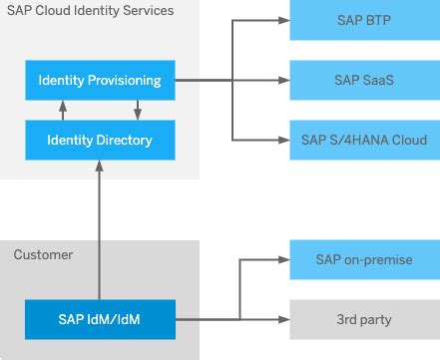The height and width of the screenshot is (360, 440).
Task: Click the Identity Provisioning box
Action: pyautogui.click(x=100, y=79)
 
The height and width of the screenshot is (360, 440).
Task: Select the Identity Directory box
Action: pyautogui.click(x=100, y=140)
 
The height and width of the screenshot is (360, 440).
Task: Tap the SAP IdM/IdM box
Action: pyautogui.click(x=100, y=319)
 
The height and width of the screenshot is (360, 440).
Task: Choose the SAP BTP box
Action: pyautogui.click(x=364, y=20)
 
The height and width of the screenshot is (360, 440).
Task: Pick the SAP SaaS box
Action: pyautogui.click(x=364, y=79)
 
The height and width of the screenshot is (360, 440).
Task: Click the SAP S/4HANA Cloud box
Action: pyautogui.click(x=364, y=140)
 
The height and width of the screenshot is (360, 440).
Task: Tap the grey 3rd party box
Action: pyautogui.click(x=364, y=319)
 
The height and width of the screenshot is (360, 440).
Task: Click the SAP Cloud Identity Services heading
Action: pyautogui.click(x=91, y=11)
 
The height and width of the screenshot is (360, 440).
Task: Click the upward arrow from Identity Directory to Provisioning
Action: pyautogui.click(x=62, y=110)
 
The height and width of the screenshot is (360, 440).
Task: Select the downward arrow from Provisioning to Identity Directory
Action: pyautogui.click(x=138, y=110)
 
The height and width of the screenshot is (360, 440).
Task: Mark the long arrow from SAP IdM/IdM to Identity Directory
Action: pyautogui.click(x=100, y=229)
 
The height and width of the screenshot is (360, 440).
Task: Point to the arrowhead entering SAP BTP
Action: pyautogui.click(x=283, y=20)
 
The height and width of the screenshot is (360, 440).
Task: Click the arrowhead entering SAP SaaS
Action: pyautogui.click(x=283, y=79)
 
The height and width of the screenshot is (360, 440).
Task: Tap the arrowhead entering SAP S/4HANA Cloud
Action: pyautogui.click(x=283, y=140)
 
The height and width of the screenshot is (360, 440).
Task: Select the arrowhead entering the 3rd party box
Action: pyautogui.click(x=283, y=319)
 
